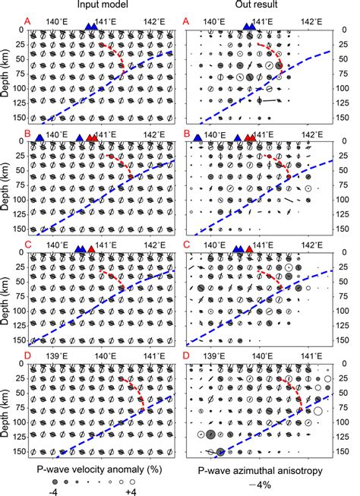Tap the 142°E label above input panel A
point(154,23)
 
